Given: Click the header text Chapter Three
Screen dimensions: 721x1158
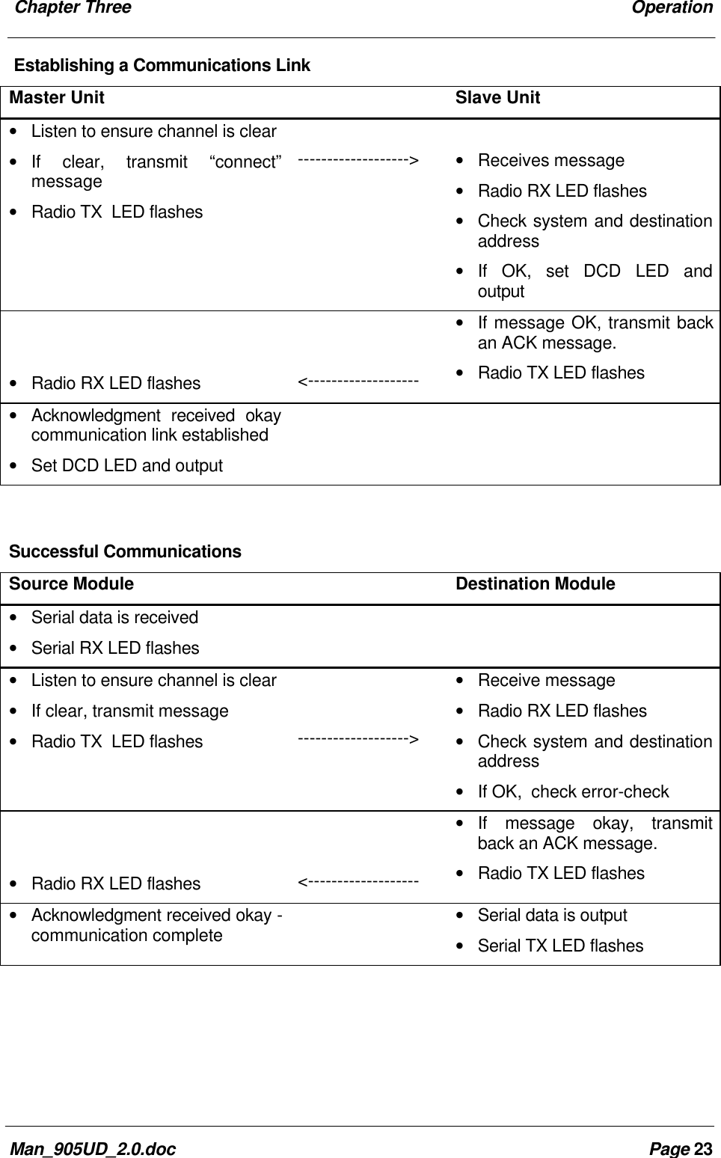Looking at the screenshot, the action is [73, 8].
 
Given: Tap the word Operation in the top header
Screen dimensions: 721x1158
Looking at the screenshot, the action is [672, 8].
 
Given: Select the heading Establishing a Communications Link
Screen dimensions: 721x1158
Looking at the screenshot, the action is [162, 66].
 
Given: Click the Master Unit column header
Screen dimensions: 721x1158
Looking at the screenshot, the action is [57, 98].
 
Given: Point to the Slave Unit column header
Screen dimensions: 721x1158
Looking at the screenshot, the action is [497, 98].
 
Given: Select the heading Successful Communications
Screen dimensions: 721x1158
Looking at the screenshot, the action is [125, 552].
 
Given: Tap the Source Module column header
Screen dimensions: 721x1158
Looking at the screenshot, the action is [71, 584].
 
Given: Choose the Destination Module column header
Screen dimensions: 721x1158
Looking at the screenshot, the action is [536, 584].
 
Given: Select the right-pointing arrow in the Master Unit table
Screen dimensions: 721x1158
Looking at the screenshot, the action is [358, 160].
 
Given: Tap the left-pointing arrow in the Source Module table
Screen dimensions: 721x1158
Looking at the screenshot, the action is [358, 883].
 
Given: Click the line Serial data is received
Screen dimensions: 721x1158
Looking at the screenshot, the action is [114, 618].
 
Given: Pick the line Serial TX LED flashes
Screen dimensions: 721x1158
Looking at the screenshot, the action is [560, 946].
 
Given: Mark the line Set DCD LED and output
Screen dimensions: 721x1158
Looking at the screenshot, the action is [126, 466].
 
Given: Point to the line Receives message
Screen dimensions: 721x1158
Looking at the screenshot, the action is [550, 161].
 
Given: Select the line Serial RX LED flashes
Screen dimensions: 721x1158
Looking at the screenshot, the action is [115, 649].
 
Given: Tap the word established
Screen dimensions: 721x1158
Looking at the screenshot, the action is [230, 435].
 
